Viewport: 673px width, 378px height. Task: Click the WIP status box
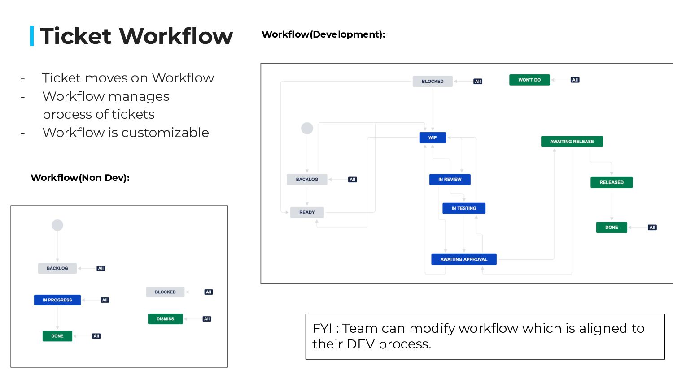433,137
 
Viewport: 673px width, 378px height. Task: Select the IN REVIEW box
450,180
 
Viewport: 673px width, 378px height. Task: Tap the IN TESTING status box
464,208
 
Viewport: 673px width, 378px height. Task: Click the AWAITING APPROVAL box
464,259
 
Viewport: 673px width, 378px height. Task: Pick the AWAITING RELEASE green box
572,142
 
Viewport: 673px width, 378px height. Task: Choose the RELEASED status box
612,182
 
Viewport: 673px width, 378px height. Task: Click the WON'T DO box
529,80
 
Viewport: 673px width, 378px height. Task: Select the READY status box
307,212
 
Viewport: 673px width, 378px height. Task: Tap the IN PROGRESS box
57,300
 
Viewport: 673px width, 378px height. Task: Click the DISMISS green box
165,319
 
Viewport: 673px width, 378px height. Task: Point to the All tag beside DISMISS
207,319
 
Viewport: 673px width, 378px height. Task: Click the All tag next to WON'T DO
575,80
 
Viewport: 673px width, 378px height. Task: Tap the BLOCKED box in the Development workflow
433,82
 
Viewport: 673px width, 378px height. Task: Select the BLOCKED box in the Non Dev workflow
165,292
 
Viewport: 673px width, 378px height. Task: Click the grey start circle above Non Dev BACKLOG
57,225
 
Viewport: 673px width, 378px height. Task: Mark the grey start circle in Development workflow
307,129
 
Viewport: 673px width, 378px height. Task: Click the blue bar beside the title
32,36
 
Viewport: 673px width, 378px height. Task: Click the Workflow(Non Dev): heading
80,178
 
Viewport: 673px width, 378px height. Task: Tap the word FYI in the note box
322,328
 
